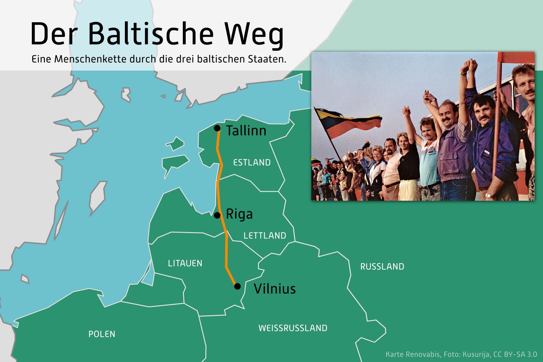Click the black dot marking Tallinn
217,128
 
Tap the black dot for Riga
217,215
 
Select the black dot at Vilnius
237,286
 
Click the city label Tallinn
246,131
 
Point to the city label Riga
239,214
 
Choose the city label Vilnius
275,289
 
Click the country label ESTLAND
252,163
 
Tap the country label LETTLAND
265,235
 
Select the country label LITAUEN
185,263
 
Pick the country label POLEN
102,334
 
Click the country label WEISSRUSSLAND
293,328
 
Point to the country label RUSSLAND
382,267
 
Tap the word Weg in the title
254,35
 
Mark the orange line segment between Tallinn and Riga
219,172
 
